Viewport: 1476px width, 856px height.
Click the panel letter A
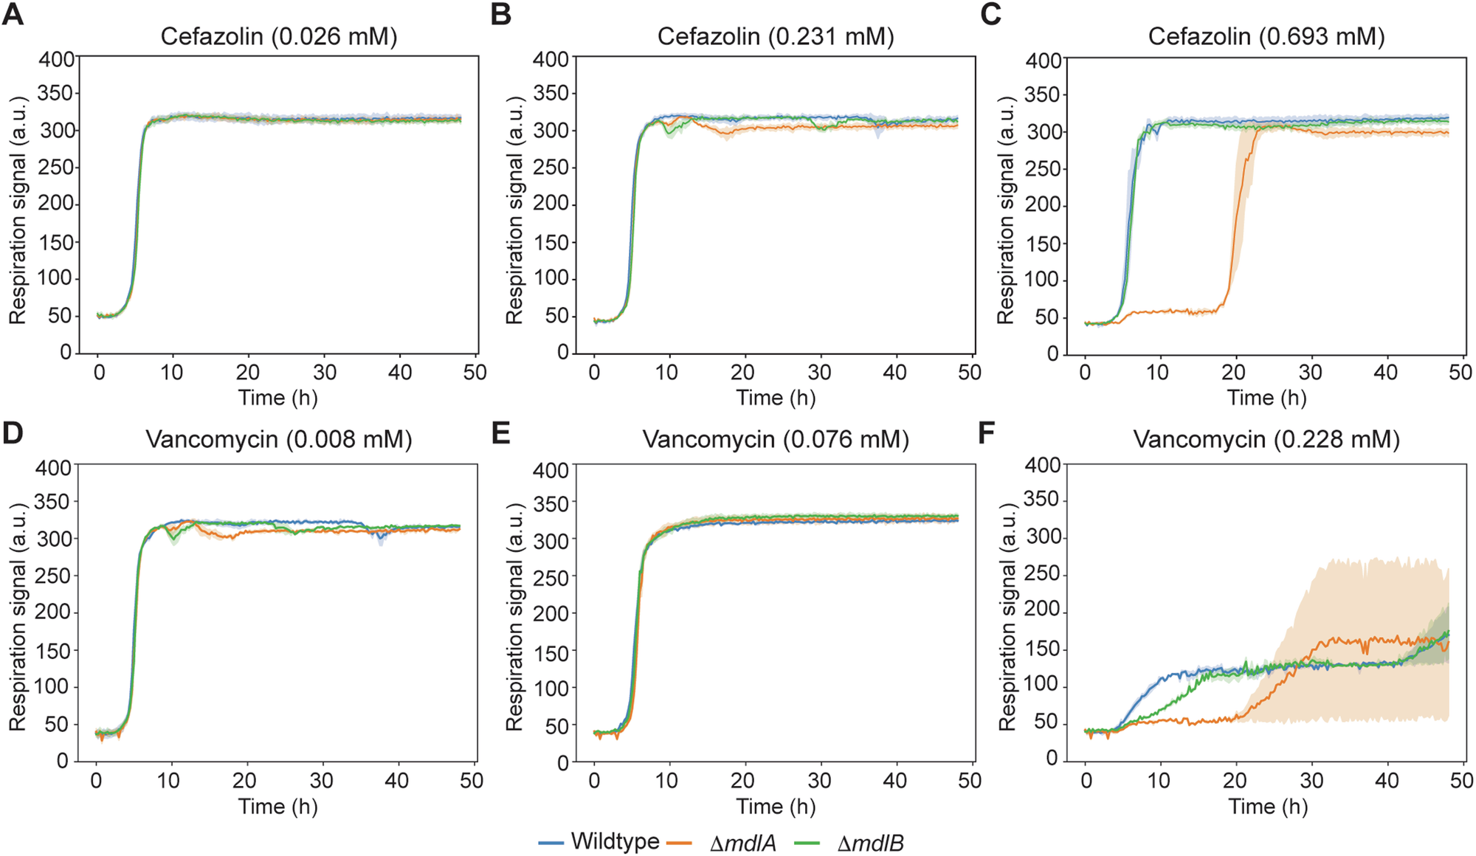pos(13,15)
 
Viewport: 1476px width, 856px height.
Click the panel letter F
pos(988,433)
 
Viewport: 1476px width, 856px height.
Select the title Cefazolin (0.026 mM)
pos(279,36)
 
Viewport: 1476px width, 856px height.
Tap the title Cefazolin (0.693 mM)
pos(1266,36)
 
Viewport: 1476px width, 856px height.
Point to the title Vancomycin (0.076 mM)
pos(776,440)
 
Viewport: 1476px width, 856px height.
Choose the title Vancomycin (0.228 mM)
pos(1266,440)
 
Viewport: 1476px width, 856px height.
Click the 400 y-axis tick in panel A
pos(57,58)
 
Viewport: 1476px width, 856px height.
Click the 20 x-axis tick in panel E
pos(743,781)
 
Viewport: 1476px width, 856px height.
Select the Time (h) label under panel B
pos(776,398)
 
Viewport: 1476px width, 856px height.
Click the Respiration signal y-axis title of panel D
pos(17,616)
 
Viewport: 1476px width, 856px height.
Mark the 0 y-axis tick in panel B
pos(562,353)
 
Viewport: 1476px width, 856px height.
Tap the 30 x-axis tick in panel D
pos(321,781)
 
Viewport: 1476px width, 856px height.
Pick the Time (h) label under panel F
pos(1267,806)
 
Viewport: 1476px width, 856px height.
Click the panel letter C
pos(990,15)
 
